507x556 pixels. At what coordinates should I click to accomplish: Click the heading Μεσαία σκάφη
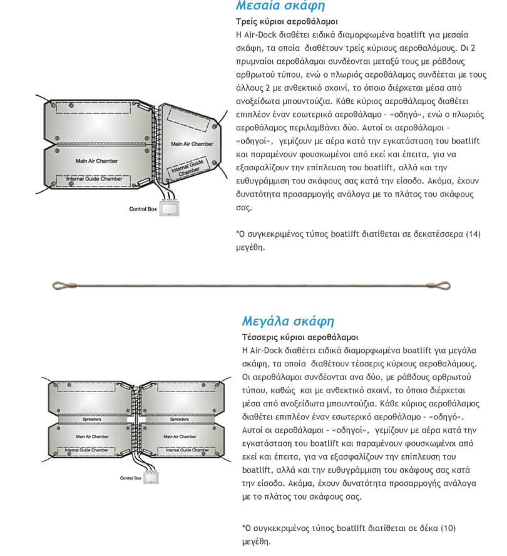click(x=280, y=6)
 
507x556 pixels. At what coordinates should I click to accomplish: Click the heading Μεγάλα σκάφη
click(x=288, y=321)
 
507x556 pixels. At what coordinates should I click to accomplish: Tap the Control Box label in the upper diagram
click(x=143, y=209)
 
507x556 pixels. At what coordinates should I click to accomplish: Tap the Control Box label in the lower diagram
click(x=130, y=478)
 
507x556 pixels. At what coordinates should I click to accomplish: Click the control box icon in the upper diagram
click(x=168, y=209)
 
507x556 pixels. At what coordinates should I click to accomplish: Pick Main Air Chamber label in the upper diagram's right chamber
click(x=192, y=144)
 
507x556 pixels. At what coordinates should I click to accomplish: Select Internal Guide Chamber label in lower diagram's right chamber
click(x=178, y=450)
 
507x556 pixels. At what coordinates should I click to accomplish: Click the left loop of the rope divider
click(x=59, y=286)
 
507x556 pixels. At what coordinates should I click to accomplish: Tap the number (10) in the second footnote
click(x=447, y=528)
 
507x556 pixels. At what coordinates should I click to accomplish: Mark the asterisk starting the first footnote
click(x=237, y=233)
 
